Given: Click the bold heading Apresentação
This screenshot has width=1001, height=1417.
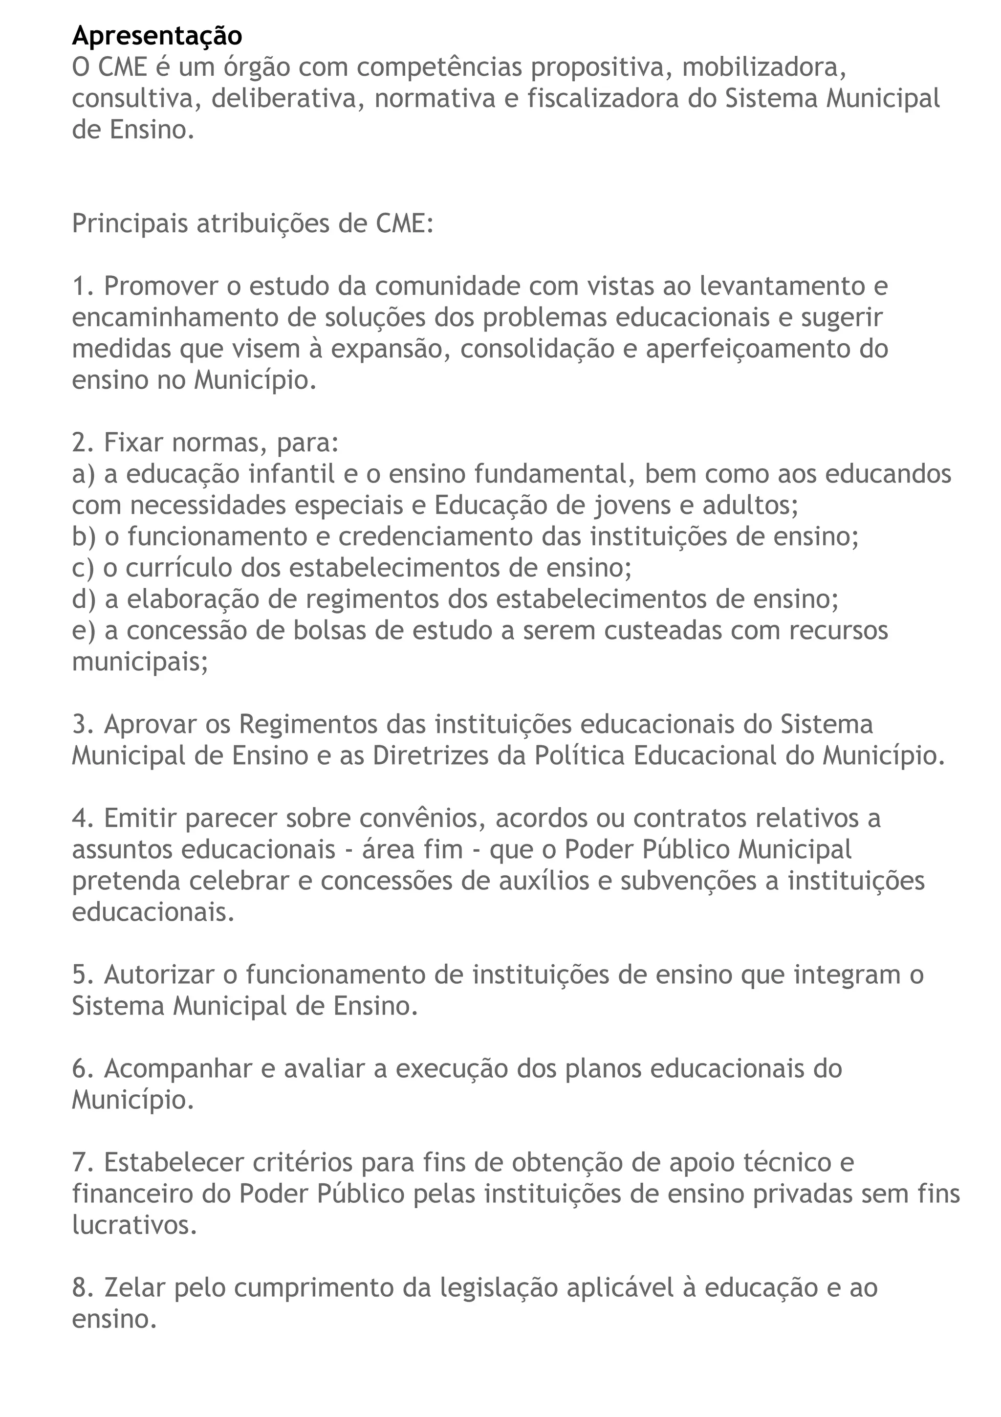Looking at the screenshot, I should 157,36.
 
